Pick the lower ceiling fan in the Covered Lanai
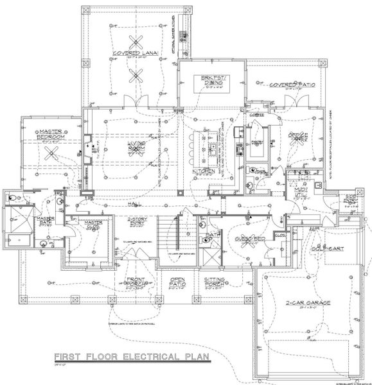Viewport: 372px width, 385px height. (136, 77)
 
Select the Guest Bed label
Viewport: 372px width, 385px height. (251, 239)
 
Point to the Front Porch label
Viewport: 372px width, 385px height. (136, 282)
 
